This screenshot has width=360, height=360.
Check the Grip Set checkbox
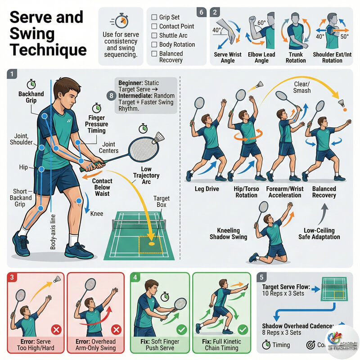154,18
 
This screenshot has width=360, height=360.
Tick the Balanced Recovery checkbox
154,54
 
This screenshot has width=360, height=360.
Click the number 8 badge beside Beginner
111,95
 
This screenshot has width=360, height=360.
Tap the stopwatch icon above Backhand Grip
31,84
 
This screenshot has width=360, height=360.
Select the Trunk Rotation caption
296,58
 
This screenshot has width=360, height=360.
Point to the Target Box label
162,201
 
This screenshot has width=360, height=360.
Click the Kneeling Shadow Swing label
229,234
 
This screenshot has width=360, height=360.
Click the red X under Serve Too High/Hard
56,330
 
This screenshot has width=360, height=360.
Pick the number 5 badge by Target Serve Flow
262,278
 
